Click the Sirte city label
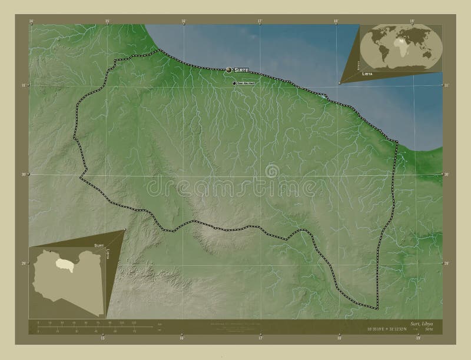point(242,70)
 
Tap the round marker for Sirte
point(229,70)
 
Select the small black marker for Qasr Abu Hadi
point(234,83)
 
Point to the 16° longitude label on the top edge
point(184,21)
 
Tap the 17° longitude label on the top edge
point(260,21)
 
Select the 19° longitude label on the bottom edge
point(417,338)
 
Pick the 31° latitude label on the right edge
point(446,85)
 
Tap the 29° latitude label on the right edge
point(446,263)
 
